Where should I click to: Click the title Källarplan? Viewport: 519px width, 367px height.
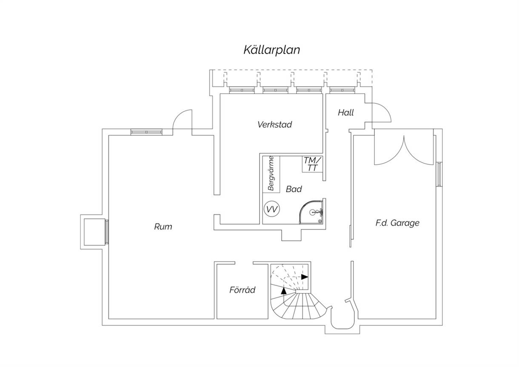click(x=272, y=50)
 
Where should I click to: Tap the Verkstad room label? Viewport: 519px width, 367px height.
click(x=274, y=125)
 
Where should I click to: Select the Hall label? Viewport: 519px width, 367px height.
click(x=346, y=113)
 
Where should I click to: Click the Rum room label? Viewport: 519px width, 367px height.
click(x=163, y=227)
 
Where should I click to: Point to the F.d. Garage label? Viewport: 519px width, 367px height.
click(x=397, y=223)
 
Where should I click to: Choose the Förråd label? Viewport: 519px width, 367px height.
click(x=242, y=290)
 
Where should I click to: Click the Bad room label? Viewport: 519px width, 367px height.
click(x=294, y=189)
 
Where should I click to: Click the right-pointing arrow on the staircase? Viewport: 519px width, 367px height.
click(x=304, y=276)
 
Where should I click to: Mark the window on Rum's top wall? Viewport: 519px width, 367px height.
click(x=146, y=132)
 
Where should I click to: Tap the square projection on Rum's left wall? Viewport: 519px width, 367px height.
click(x=93, y=232)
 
